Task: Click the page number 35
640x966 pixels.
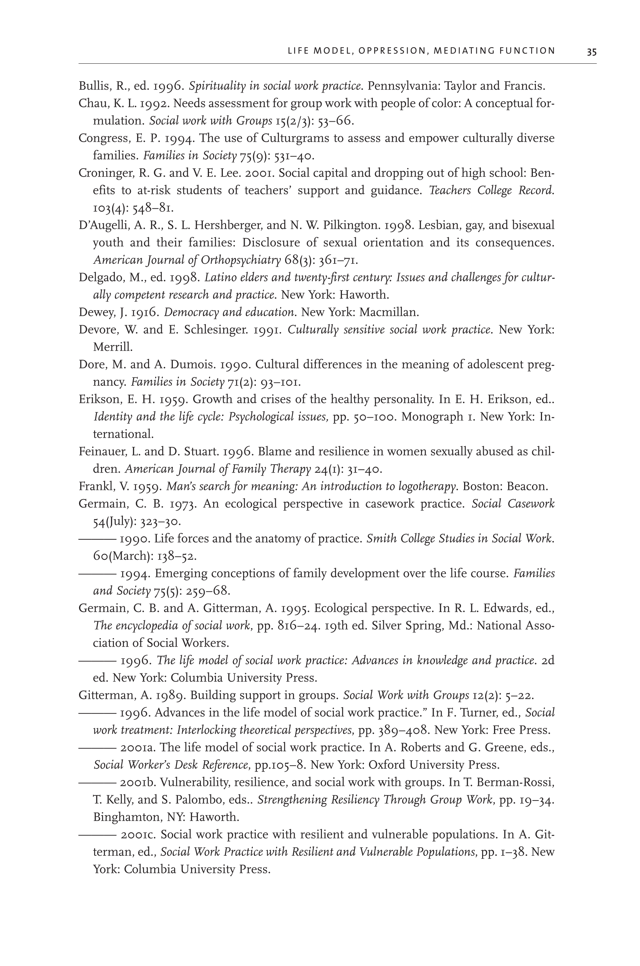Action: [592, 52]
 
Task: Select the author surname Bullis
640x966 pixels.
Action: [94, 86]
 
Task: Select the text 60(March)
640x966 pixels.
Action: [123, 556]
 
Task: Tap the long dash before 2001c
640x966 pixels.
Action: [97, 835]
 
